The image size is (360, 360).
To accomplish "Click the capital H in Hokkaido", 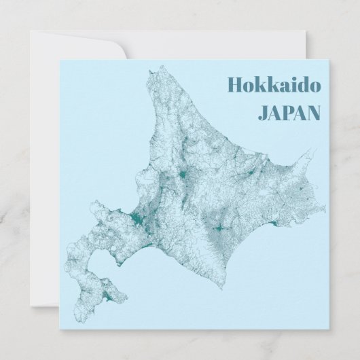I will (235, 84).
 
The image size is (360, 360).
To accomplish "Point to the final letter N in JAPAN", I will (313, 112).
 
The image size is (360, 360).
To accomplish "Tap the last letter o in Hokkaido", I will (317, 86).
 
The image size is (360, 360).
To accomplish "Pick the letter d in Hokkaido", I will (304, 84).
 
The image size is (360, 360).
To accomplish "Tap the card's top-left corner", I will (59, 60).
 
